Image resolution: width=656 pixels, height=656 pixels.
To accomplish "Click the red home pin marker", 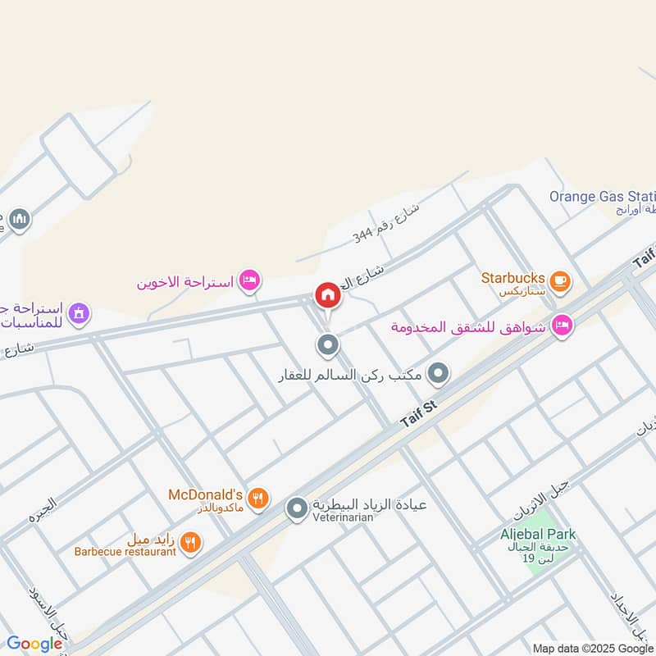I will click(327, 296).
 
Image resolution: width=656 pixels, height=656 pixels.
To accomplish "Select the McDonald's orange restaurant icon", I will click(257, 498).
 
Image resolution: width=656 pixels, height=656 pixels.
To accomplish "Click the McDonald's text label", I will click(205, 495).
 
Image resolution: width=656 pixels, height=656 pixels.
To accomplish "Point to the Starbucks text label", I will click(513, 277).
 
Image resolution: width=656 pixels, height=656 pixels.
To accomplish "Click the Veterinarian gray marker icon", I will click(297, 509).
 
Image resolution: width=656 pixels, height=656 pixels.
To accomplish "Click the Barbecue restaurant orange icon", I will click(190, 542).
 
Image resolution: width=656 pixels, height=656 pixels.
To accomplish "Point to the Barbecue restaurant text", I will click(125, 552).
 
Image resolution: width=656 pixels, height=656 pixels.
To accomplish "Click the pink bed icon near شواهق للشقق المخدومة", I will click(563, 326).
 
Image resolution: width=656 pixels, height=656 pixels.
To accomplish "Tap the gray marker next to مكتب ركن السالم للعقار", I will click(440, 375).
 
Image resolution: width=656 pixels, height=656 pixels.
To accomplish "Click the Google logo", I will click(34, 644).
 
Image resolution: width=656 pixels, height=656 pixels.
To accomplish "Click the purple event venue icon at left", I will click(79, 312).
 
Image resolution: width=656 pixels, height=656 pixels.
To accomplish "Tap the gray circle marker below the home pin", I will click(328, 345).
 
